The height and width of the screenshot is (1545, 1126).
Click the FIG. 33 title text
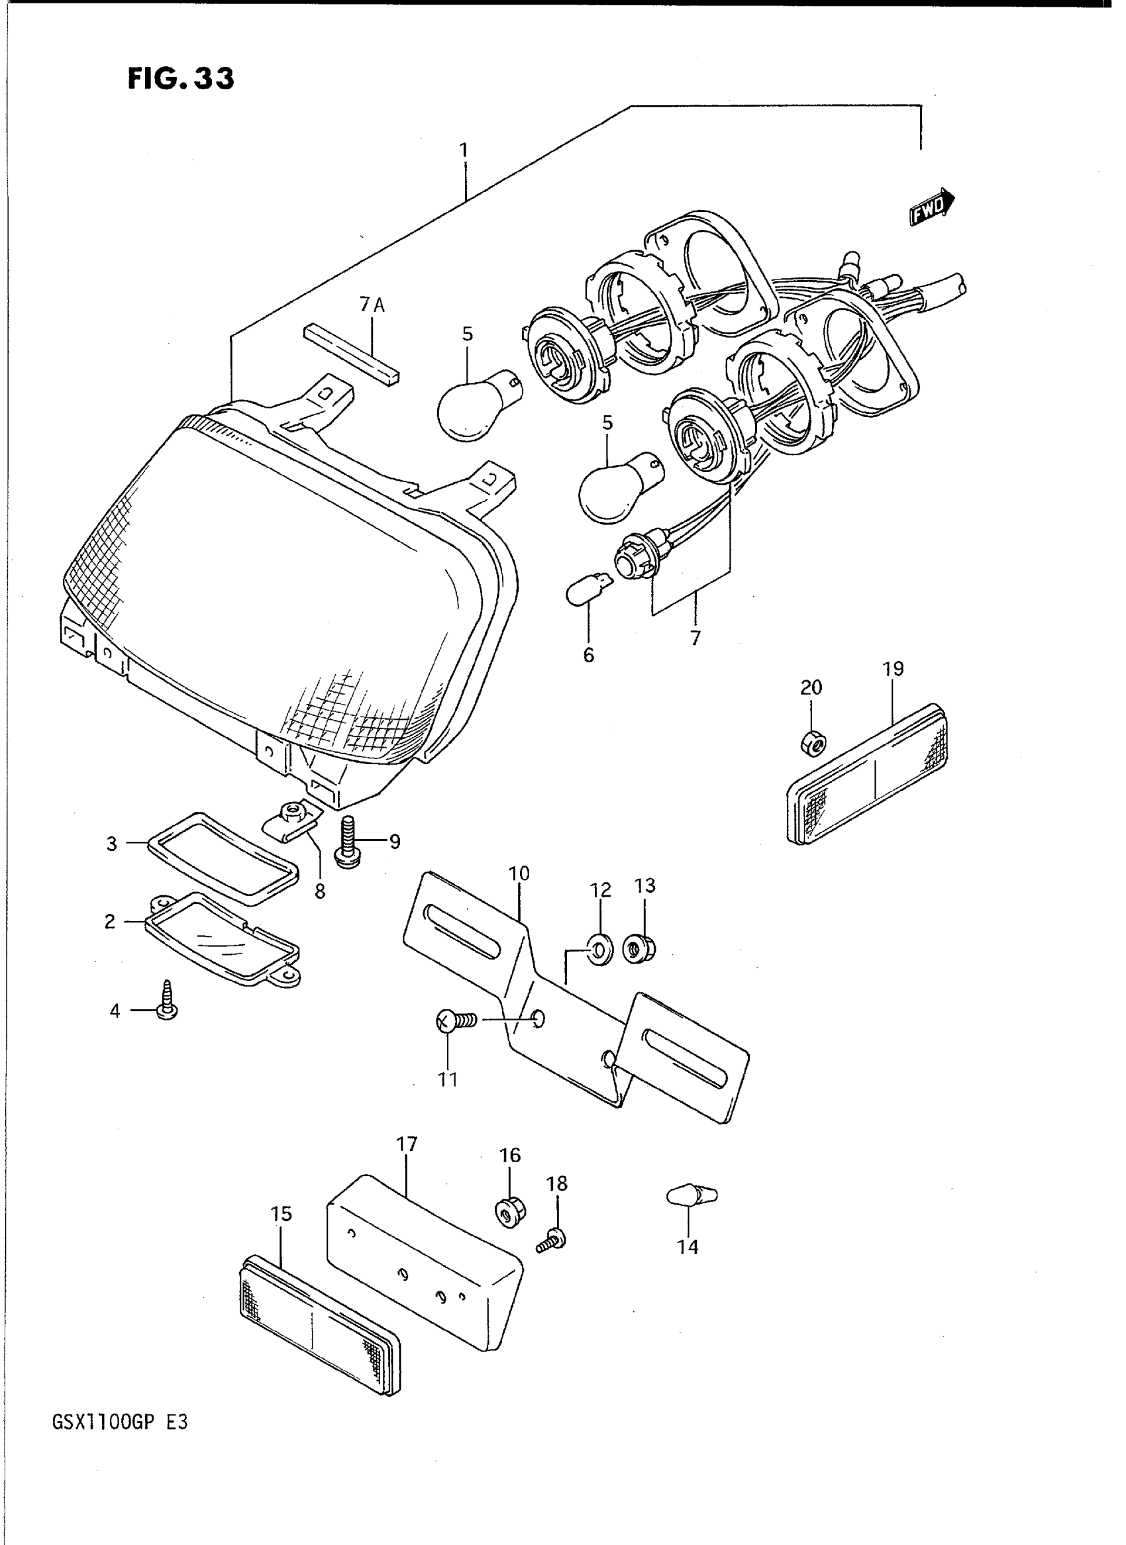coord(181,79)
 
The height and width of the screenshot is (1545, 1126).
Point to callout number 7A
coord(372,306)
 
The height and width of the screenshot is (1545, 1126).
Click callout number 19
coord(893,669)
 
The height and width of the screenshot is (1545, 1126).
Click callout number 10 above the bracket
coord(519,873)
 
